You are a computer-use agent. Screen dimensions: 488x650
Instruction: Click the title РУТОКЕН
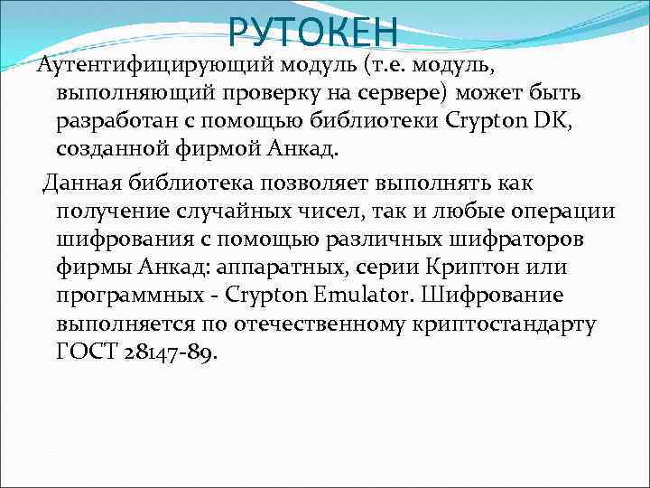pyautogui.click(x=312, y=32)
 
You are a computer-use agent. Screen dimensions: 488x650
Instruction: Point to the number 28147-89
pyautogui.click(x=173, y=351)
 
